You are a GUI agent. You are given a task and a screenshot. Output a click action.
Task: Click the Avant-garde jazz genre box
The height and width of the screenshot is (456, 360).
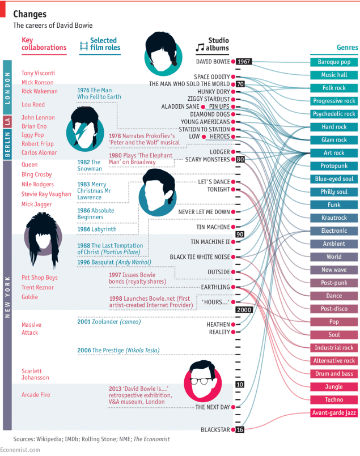[x=334, y=413]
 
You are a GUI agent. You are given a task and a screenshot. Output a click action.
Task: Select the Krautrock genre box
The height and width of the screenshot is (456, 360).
[x=334, y=218]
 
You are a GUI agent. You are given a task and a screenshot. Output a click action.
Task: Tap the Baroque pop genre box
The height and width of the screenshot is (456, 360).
[x=334, y=62]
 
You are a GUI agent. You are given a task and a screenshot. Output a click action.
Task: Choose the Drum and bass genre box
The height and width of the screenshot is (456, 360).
[x=334, y=374]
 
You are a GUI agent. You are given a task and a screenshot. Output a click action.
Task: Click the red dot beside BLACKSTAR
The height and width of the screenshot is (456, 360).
[x=233, y=430]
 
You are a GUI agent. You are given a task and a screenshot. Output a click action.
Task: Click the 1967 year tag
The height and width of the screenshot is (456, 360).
[x=244, y=61]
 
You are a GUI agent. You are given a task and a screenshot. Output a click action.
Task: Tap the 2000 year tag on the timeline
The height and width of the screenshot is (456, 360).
[x=244, y=310]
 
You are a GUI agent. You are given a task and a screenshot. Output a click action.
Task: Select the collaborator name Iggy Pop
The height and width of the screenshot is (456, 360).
[x=32, y=135]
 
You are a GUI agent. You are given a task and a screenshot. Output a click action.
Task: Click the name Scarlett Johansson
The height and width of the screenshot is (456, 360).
[x=35, y=374]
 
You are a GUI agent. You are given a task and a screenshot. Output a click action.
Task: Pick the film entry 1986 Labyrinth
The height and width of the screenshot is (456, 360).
[x=97, y=229]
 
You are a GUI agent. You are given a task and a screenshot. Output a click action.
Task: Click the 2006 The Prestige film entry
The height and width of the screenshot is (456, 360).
[x=118, y=351]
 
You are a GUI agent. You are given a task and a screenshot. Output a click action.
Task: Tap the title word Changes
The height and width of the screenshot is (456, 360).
[x=30, y=14]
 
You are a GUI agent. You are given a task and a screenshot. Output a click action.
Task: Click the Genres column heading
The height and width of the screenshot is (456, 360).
[x=347, y=48]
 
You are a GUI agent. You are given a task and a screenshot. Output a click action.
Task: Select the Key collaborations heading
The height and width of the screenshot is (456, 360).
[x=44, y=44]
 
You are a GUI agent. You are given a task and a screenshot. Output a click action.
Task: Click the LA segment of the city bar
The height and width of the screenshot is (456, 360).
[x=7, y=121]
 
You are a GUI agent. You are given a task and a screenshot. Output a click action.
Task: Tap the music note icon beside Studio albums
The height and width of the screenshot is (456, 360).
[x=200, y=47]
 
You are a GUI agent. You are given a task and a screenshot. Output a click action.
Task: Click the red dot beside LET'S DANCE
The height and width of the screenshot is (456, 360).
[x=233, y=182]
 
